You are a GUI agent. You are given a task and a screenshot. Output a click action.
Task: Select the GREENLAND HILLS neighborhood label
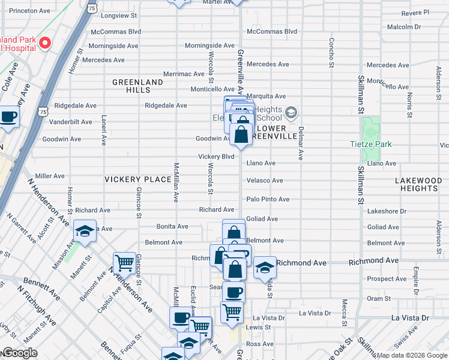click(x=138, y=86)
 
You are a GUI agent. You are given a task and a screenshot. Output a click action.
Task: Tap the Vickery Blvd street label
click(x=216, y=157)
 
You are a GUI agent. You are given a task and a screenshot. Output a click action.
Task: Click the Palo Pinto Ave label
click(x=268, y=199)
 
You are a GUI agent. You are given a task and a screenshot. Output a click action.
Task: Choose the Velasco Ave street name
click(x=265, y=181)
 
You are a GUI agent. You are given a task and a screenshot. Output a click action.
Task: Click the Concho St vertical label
click(x=331, y=53)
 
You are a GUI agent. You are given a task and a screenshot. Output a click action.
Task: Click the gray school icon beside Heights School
click(x=291, y=113)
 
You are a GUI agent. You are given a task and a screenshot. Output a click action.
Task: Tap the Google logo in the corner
click(x=19, y=353)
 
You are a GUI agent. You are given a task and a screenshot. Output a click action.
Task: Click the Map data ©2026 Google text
click(x=411, y=355)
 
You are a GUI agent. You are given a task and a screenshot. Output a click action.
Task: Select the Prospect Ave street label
click(x=387, y=279)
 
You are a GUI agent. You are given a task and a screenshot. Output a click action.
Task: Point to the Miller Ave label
click(x=50, y=176)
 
